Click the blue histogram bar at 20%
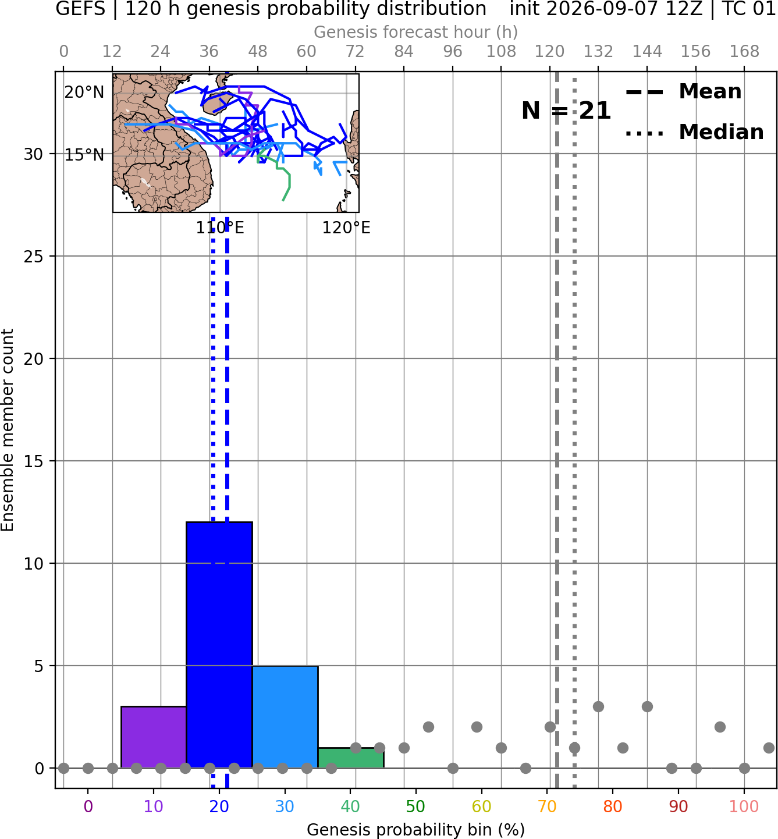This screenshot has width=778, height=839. (x=219, y=645)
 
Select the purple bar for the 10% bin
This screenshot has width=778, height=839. (x=154, y=737)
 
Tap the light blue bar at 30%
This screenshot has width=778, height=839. (x=285, y=717)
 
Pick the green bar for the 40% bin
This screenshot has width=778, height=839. (x=351, y=758)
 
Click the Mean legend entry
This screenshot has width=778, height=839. (x=683, y=92)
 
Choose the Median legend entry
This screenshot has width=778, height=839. (x=694, y=132)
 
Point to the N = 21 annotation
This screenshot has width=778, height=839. (x=566, y=111)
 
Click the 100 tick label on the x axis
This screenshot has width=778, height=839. (x=744, y=806)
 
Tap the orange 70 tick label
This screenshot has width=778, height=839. (x=547, y=806)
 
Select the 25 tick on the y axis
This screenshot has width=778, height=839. (x=34, y=257)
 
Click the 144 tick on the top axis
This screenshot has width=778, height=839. (x=647, y=52)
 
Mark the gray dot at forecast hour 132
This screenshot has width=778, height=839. (x=598, y=706)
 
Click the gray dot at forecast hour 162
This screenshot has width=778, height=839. (x=720, y=727)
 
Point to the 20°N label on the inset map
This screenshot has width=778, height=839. (x=84, y=92)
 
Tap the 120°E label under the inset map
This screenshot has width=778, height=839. (x=346, y=227)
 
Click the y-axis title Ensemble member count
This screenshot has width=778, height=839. (x=8, y=430)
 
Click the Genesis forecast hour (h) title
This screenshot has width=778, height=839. (x=416, y=32)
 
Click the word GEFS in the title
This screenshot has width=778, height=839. (x=80, y=9)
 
